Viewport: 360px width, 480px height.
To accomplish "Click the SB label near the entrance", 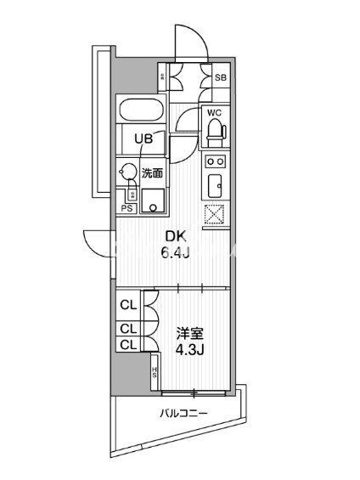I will (x=220, y=78).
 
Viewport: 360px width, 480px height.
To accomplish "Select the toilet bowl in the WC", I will (x=214, y=129).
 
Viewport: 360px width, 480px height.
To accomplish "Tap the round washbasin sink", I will (x=128, y=172).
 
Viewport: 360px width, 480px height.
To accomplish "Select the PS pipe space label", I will (x=127, y=207).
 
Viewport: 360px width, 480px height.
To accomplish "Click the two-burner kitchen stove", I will (x=214, y=161).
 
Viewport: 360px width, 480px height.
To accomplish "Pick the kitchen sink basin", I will (x=214, y=184).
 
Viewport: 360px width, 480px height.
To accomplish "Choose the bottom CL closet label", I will (x=128, y=344).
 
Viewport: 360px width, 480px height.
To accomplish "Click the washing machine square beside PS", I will (x=154, y=200).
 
